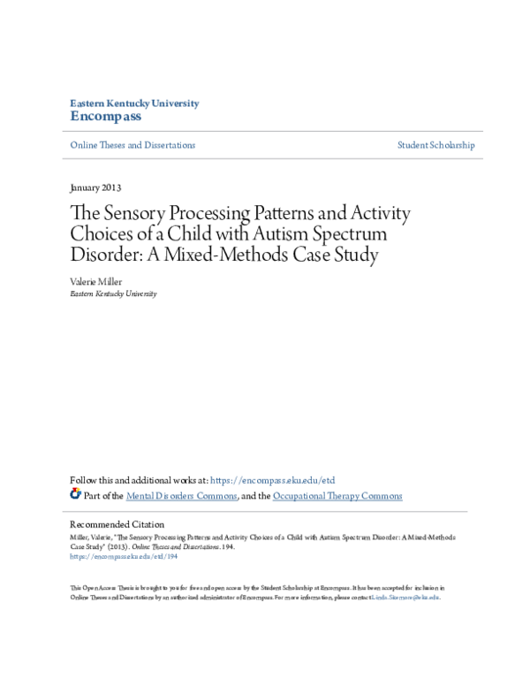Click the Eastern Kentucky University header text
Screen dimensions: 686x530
point(134,103)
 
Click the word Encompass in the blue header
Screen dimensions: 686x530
point(105,117)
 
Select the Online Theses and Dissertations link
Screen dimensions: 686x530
point(132,145)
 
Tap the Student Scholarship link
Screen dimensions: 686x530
point(435,145)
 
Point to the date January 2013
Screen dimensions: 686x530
point(95,188)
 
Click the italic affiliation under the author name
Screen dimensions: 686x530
point(113,293)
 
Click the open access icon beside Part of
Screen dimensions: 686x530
point(75,495)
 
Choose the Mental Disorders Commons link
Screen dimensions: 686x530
point(181,496)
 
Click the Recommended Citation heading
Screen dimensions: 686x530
point(117,524)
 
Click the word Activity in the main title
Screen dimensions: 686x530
point(375,214)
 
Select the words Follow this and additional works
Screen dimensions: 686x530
point(129,480)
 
